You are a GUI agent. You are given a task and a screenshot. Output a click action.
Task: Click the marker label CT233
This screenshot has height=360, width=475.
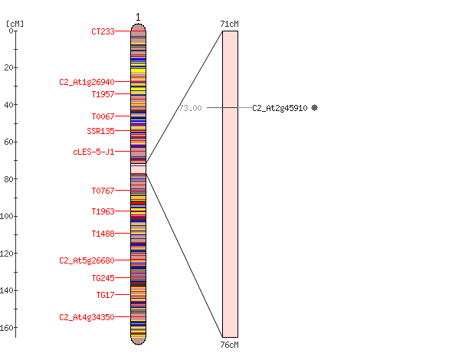(x=103, y=31)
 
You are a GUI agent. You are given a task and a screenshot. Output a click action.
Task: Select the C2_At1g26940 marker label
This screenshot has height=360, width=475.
(x=87, y=82)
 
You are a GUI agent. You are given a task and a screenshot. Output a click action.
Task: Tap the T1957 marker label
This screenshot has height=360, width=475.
(x=103, y=94)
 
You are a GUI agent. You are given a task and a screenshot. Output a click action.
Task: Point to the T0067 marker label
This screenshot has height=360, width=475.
(x=103, y=116)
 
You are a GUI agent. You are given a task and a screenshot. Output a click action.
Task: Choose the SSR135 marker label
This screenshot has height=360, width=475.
(x=101, y=131)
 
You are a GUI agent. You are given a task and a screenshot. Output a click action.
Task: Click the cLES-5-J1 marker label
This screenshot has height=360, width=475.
(x=94, y=152)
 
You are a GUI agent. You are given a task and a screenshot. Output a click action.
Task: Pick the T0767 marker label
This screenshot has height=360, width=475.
(x=103, y=191)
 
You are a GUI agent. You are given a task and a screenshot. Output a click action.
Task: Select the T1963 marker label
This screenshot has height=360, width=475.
(x=103, y=211)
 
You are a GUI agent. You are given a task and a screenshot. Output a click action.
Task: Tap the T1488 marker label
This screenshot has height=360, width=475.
(x=103, y=234)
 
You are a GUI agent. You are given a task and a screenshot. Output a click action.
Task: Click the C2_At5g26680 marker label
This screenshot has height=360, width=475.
(x=87, y=260)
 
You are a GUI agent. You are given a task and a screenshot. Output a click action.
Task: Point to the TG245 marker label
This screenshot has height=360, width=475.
(x=103, y=278)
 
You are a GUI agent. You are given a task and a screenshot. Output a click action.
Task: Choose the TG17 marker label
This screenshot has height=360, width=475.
(x=106, y=295)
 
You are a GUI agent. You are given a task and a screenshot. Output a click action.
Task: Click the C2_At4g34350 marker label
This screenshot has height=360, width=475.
(x=87, y=317)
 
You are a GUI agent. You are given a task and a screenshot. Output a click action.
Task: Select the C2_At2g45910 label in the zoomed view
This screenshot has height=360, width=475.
(x=280, y=108)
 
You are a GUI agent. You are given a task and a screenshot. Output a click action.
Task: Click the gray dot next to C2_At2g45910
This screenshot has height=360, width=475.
(x=315, y=107)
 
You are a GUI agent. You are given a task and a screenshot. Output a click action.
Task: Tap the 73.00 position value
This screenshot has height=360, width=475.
(x=190, y=108)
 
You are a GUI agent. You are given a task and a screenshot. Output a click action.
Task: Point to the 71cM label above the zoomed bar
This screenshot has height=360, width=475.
(x=229, y=24)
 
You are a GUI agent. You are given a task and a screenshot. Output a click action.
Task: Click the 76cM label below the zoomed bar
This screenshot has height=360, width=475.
(x=229, y=345)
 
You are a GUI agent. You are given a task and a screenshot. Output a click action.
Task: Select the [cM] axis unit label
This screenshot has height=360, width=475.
(x=15, y=24)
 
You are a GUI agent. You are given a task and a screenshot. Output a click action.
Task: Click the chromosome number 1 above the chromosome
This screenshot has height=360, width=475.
(x=138, y=18)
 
